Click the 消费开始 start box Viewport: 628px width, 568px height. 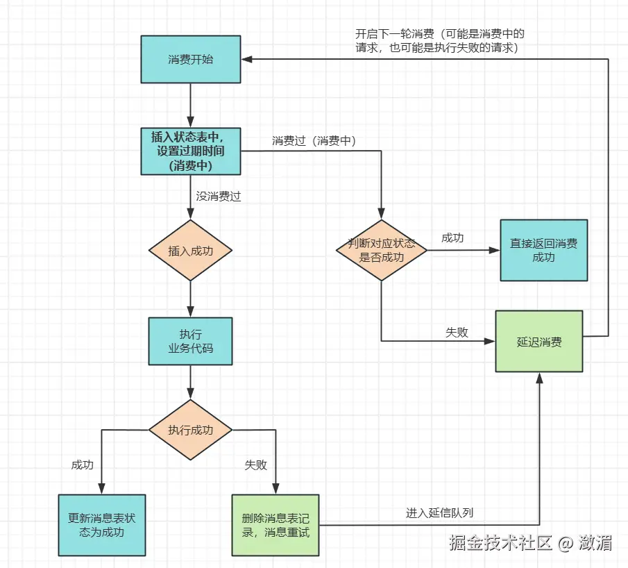[191, 60]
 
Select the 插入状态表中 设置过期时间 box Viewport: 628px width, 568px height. [191, 151]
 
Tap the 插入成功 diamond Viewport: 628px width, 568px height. [191, 251]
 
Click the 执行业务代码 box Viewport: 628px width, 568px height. [191, 341]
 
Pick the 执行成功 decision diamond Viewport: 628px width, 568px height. [191, 430]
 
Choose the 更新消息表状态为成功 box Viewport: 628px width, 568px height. [102, 525]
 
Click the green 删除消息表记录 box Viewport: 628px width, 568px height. [275, 525]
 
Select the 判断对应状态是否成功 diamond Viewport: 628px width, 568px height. [382, 251]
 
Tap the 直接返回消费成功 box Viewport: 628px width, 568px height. [543, 251]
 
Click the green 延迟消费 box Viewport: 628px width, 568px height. [539, 342]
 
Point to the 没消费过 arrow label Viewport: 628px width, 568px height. [218, 196]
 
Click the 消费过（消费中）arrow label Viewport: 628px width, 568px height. [314, 141]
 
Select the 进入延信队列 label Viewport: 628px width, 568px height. [440, 513]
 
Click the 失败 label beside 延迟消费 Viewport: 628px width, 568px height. [457, 333]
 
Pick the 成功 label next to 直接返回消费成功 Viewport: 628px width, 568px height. [452, 237]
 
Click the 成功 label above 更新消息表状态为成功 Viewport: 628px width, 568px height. [82, 465]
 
